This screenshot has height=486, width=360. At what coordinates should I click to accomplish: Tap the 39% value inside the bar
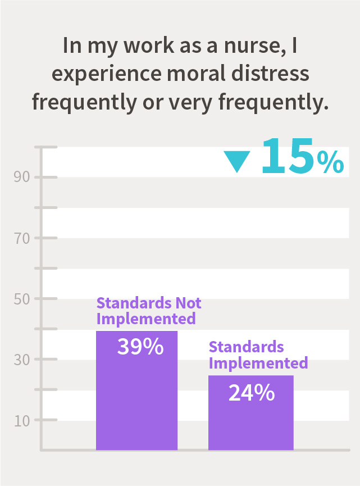tap(140, 347)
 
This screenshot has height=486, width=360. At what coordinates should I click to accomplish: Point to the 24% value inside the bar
tap(251, 392)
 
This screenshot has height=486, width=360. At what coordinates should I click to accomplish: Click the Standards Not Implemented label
tap(148, 311)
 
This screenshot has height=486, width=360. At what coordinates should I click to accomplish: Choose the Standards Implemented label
tap(258, 355)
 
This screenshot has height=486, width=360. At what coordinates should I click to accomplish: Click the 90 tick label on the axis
tap(21, 178)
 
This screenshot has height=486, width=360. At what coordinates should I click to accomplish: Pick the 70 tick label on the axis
tap(21, 238)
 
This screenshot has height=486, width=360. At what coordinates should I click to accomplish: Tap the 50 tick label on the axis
tap(21, 299)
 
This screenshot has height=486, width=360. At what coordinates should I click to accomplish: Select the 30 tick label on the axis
tap(21, 360)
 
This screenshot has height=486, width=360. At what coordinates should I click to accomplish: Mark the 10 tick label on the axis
tap(21, 420)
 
